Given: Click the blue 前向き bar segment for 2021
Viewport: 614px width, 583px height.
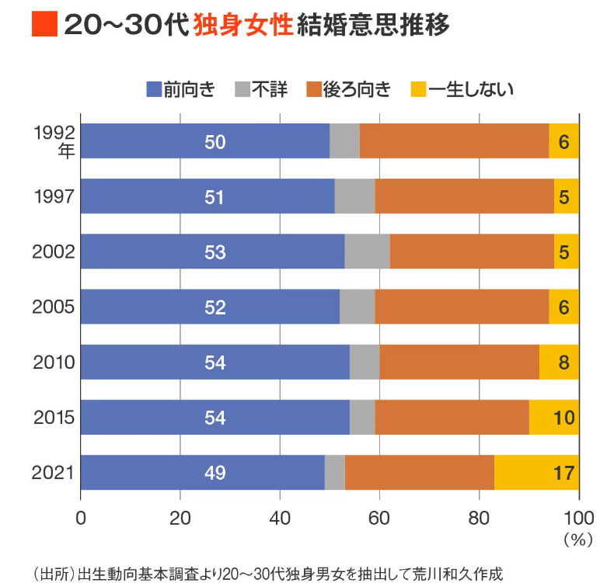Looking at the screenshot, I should point(202,473).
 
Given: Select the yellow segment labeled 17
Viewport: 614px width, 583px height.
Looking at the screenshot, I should point(536,473).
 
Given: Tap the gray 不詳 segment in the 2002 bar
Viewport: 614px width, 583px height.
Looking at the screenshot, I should point(367,252).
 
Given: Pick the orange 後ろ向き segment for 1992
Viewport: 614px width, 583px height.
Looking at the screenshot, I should point(454,141).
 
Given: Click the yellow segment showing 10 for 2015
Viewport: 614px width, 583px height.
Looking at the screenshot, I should point(554,418).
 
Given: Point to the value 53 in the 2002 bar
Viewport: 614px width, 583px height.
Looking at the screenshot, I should point(215,252).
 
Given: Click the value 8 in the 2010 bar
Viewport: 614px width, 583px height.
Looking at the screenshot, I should point(564,363).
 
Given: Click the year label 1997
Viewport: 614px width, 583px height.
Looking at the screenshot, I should point(54,196).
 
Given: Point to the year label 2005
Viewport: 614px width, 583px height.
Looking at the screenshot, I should point(54,307).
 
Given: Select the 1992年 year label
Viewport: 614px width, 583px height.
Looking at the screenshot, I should point(54,141).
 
